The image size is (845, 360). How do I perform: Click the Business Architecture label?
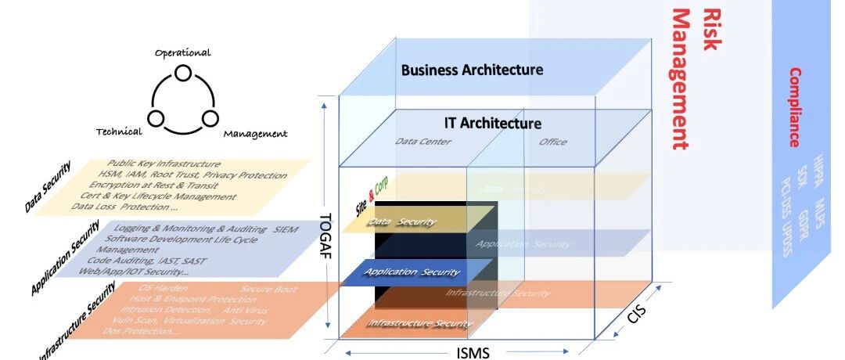(x=472, y=70)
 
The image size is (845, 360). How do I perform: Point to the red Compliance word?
(x=794, y=107)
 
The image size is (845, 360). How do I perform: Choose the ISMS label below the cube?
(x=473, y=353)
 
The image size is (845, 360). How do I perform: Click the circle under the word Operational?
(x=182, y=73)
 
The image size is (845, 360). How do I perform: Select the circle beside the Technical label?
(x=156, y=119)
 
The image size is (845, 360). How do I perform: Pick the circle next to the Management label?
(x=209, y=119)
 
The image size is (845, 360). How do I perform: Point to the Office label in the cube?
(x=553, y=142)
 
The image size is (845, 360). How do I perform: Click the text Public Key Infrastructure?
(x=164, y=164)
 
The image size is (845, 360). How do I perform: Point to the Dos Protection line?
(x=141, y=331)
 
